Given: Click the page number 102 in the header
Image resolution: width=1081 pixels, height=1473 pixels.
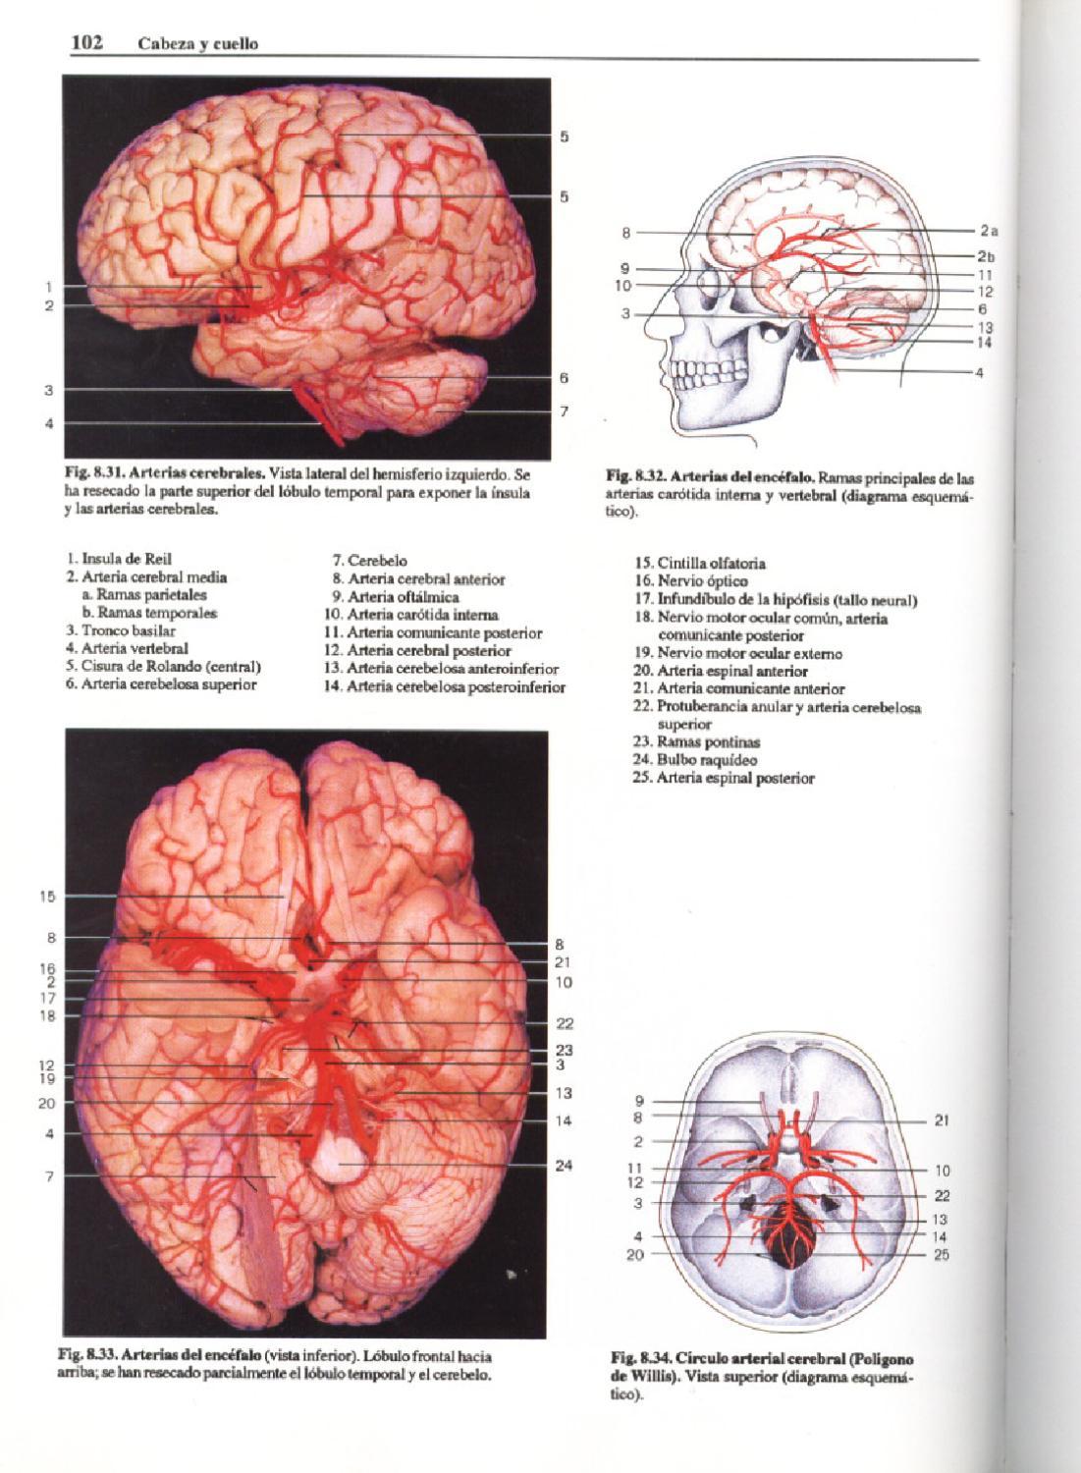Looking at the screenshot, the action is pos(87,43).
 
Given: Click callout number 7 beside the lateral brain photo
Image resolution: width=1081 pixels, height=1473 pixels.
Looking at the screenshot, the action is pos(564,411).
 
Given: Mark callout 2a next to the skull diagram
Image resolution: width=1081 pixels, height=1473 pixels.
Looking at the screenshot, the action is pos(988,232).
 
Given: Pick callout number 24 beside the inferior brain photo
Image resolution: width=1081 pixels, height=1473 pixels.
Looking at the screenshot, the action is pos(563,1166).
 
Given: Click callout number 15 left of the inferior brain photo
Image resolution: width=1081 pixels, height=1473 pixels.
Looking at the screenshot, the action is pos(47,897).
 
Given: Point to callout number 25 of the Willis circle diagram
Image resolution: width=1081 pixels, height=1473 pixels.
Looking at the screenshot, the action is pos(942,1254).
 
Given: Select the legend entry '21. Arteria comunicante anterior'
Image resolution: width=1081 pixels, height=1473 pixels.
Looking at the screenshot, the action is pos(739,688).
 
